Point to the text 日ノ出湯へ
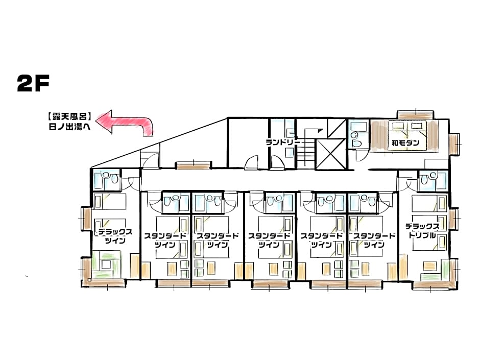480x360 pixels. (x=68, y=128)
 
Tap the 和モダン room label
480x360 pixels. (x=405, y=143)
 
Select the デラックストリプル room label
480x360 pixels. (x=422, y=231)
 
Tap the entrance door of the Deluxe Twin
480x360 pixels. (x=133, y=182)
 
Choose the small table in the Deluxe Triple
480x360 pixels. (x=429, y=266)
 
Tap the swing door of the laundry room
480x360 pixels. (x=252, y=163)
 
